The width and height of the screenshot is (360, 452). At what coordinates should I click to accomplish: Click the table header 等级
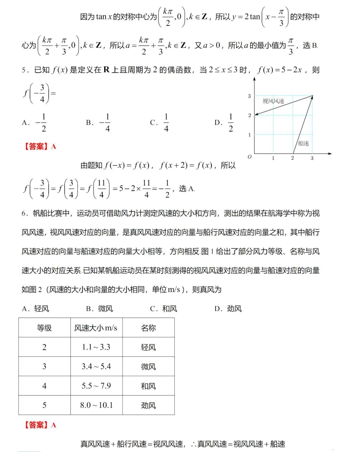click(44, 328)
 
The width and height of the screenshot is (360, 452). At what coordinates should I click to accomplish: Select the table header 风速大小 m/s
click(96, 328)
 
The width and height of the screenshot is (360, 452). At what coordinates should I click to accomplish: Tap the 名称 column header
click(148, 328)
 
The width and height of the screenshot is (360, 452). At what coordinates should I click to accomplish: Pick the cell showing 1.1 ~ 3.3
click(96, 347)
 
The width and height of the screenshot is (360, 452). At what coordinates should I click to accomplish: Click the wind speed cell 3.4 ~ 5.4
click(96, 367)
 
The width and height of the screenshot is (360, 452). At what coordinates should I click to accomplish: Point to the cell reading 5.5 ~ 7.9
click(96, 386)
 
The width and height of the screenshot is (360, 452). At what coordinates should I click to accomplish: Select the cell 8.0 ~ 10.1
click(96, 405)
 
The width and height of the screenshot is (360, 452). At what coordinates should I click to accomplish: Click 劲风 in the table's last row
click(148, 405)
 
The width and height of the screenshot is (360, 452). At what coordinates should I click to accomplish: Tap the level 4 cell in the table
click(44, 386)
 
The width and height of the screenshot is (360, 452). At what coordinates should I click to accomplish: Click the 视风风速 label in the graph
click(273, 102)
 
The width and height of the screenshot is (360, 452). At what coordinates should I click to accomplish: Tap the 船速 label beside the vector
click(303, 143)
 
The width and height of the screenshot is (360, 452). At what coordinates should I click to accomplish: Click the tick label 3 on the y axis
click(249, 96)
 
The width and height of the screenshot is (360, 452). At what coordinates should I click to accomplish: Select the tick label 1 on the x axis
click(273, 158)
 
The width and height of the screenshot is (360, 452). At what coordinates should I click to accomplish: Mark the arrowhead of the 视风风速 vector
click(256, 114)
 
